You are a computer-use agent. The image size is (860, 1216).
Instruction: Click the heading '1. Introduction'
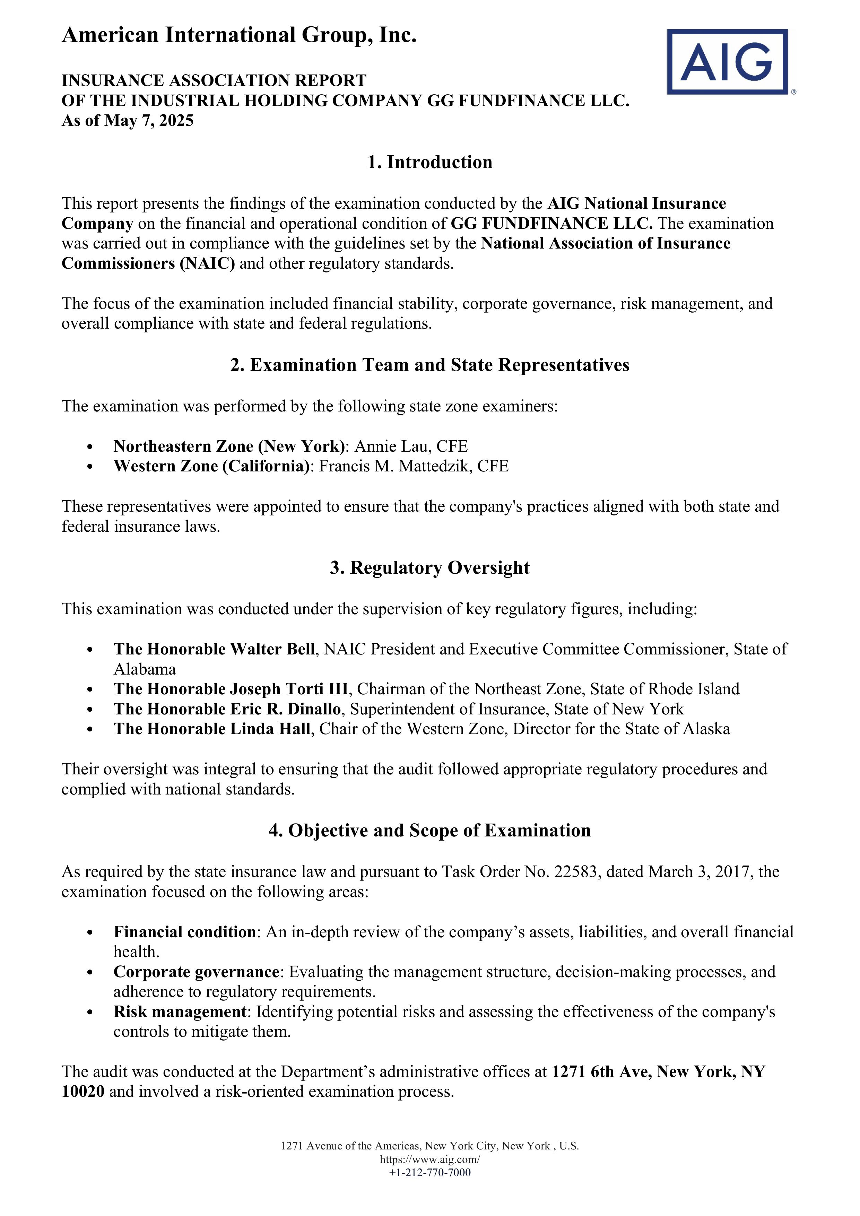pos(429,162)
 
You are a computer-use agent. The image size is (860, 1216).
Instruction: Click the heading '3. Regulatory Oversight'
pos(429,568)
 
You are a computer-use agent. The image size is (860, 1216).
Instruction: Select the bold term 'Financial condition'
pos(185,932)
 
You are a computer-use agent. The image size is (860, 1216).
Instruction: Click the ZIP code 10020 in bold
pos(83,1092)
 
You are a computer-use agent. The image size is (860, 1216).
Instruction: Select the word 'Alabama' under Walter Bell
pos(145,669)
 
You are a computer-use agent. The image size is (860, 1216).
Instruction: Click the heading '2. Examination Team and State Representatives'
pos(429,365)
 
